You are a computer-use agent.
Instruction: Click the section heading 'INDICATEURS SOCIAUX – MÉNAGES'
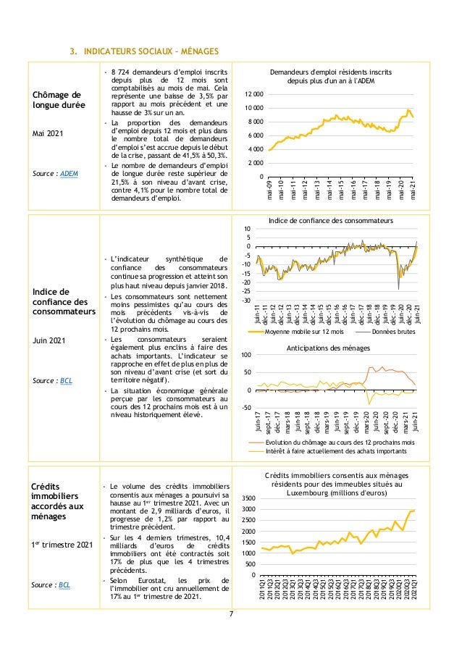(145, 51)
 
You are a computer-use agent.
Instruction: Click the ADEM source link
(70, 174)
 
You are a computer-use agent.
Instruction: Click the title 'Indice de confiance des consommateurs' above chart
(330, 219)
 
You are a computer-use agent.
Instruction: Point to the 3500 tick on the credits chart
(248, 498)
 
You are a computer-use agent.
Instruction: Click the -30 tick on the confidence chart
(246, 300)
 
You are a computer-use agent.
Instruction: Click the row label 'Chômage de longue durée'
(56, 101)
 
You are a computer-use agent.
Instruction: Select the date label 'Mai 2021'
(48, 134)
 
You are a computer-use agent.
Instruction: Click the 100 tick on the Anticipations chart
(246, 355)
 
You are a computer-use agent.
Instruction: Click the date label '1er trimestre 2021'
(62, 543)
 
